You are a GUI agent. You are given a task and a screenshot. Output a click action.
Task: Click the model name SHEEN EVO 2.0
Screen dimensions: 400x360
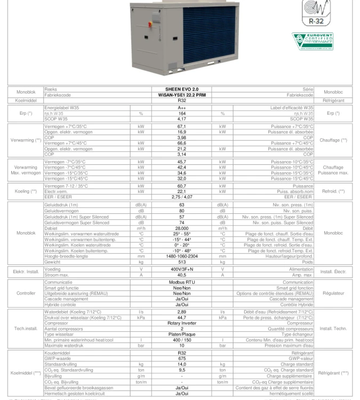point(181,89)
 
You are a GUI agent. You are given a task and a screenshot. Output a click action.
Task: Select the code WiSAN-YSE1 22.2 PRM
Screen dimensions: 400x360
point(181,94)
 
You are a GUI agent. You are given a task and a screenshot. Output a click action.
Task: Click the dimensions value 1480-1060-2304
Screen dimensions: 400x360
point(181,255)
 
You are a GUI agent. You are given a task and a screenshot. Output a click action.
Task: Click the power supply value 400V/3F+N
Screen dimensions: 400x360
point(181,270)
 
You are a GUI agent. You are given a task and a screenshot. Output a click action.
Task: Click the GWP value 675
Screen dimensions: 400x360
point(181,358)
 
